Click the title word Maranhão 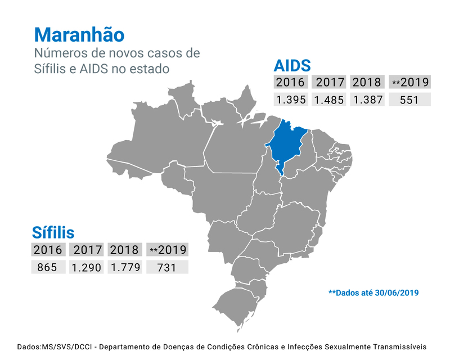click(x=79, y=34)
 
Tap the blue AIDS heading click(x=292, y=65)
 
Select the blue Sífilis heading click(x=53, y=232)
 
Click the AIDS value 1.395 click(x=290, y=100)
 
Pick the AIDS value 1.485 click(x=328, y=100)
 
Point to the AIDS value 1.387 click(x=367, y=100)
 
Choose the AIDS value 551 click(x=409, y=100)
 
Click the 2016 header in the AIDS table click(x=290, y=82)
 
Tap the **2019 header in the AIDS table click(x=409, y=82)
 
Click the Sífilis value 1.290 click(x=86, y=267)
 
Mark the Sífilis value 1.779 click(x=125, y=267)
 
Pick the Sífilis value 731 click(x=167, y=267)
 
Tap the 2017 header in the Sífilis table click(x=86, y=249)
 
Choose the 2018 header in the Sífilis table click(x=125, y=249)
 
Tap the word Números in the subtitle click(x=57, y=54)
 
